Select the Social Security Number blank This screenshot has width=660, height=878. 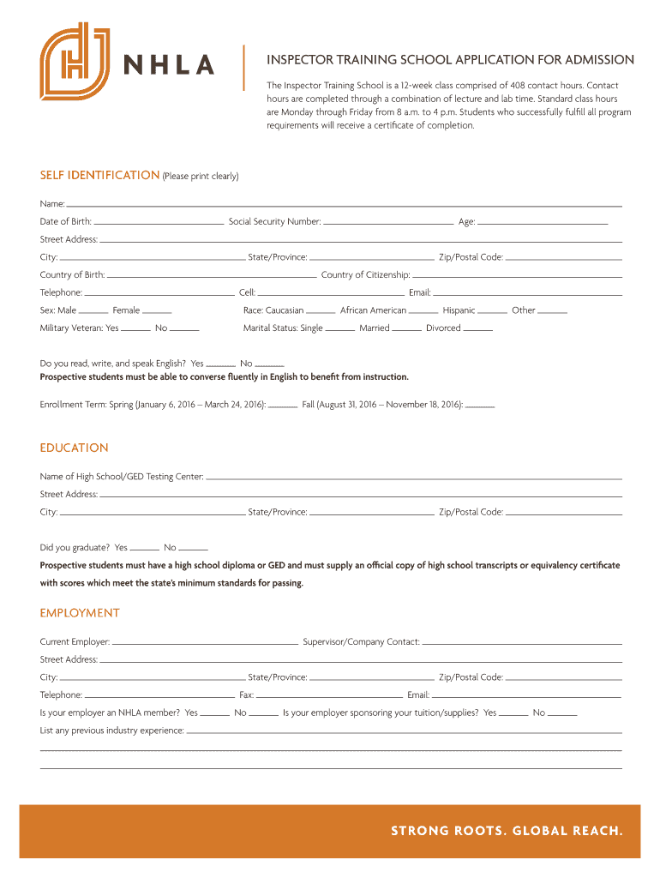tap(388, 223)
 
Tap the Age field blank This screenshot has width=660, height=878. tap(543, 223)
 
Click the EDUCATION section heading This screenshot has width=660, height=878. tap(75, 448)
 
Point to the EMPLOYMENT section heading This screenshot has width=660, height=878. tap(80, 613)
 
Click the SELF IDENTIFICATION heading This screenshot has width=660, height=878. tap(99, 176)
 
